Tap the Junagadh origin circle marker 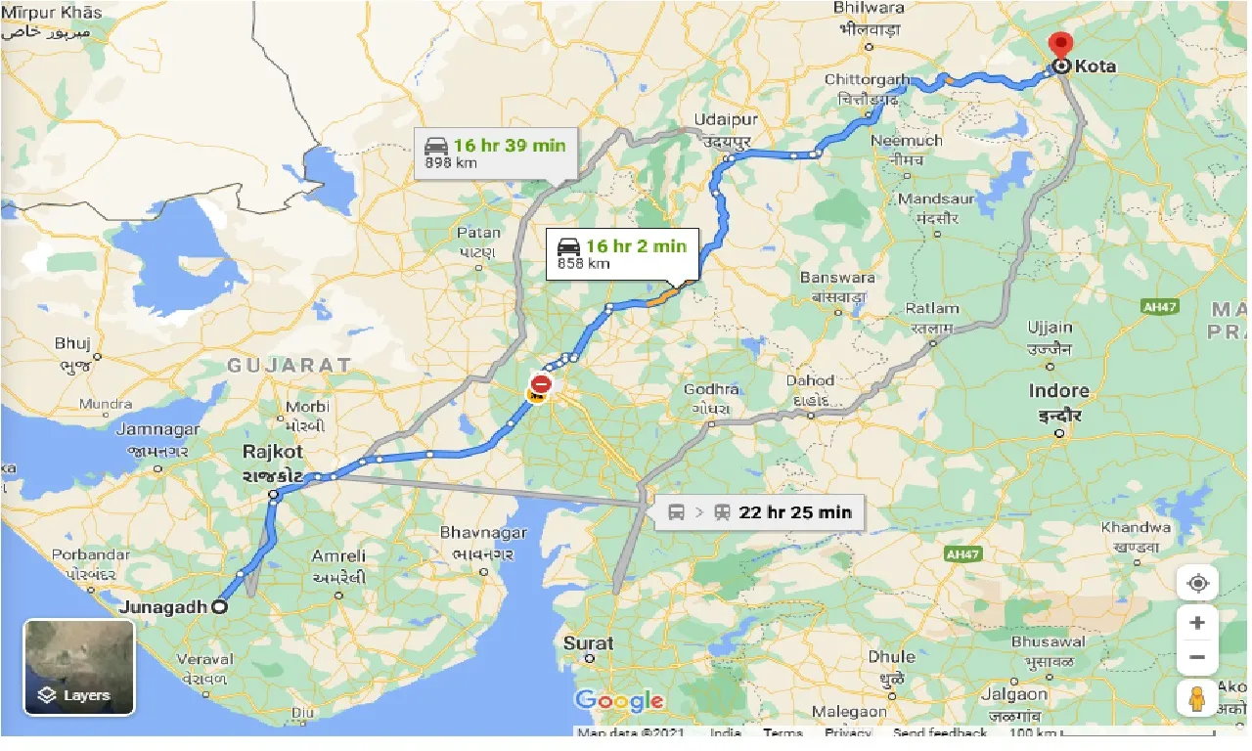[x=219, y=606]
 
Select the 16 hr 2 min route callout [x=621, y=253]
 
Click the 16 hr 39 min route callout [x=495, y=153]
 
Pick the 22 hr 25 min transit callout [x=760, y=511]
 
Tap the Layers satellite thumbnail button [x=79, y=667]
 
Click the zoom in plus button [x=1197, y=623]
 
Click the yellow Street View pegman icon [x=1197, y=698]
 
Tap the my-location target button [x=1197, y=584]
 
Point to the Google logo [x=619, y=700]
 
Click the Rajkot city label [x=273, y=452]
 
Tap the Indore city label [x=1058, y=391]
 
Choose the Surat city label [x=588, y=642]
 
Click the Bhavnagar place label [x=483, y=534]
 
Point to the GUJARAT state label [x=289, y=365]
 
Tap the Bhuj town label [x=73, y=343]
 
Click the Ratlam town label [x=932, y=309]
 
